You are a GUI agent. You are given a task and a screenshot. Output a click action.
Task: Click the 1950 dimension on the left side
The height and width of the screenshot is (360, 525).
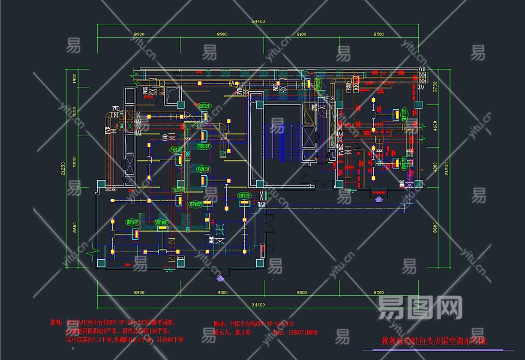click(x=75, y=79)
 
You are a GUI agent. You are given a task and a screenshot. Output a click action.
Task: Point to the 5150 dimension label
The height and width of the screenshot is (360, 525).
click(x=75, y=112)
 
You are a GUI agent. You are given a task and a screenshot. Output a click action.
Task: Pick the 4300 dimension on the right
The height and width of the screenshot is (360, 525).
click(x=437, y=165)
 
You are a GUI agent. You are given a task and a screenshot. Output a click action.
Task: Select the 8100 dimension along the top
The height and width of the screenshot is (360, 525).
click(x=301, y=35)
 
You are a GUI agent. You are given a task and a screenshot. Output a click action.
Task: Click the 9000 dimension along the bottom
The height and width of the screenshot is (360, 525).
click(x=223, y=292)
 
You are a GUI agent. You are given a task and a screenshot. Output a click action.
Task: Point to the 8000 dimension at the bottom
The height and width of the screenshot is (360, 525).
click(x=301, y=292)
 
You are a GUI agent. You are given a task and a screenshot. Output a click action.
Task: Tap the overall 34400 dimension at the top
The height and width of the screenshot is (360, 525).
click(x=259, y=22)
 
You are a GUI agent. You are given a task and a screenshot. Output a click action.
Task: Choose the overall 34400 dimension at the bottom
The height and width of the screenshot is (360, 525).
click(x=259, y=305)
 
